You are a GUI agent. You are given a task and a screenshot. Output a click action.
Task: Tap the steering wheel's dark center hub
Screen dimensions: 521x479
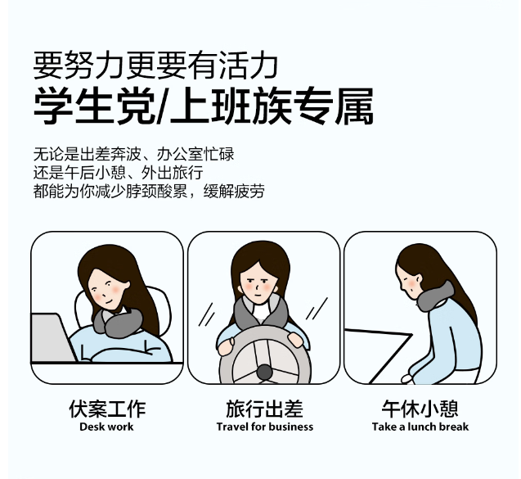point(264,372)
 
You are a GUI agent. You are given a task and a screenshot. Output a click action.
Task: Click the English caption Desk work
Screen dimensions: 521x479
point(106,427)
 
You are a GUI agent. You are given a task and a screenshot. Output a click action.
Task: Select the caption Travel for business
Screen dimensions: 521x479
point(264,427)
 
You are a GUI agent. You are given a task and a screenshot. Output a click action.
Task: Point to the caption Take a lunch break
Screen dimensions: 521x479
point(420,427)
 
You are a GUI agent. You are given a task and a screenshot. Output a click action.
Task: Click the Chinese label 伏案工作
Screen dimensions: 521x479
point(107,409)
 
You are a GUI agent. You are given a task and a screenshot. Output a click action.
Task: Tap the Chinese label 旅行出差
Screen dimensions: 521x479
point(264,409)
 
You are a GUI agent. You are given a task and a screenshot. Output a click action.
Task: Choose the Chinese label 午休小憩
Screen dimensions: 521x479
point(420,409)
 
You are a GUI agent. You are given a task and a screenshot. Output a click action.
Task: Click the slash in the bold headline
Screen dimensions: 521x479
point(162,106)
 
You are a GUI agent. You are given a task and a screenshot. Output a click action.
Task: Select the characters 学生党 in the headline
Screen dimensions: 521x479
point(94,106)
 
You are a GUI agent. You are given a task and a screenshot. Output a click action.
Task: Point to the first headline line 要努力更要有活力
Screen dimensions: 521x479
point(155,65)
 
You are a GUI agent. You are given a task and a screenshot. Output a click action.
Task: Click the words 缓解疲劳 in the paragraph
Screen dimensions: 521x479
point(234,192)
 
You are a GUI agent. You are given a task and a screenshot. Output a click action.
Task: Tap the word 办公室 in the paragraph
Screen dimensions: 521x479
point(180,154)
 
